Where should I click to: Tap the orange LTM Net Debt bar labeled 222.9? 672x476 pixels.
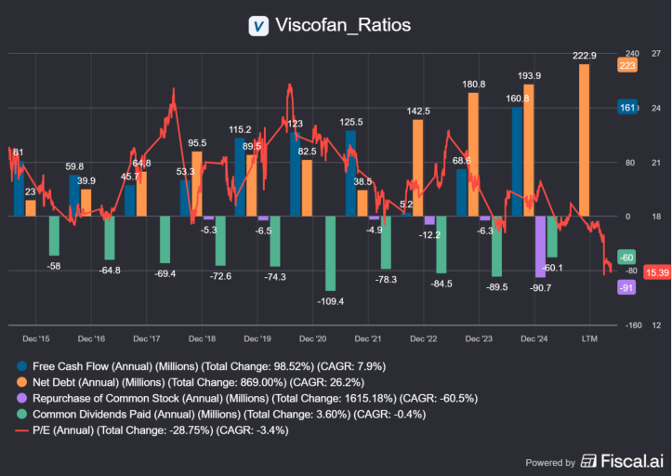tap(584, 139)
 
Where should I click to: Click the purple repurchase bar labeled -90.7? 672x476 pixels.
tap(541, 246)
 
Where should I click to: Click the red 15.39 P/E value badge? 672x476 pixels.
tap(656, 272)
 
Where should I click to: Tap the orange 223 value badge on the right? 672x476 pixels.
tap(627, 65)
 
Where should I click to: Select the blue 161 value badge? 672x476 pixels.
tap(627, 108)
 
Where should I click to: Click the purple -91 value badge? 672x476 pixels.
tap(626, 287)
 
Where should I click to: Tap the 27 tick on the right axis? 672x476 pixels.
tap(656, 54)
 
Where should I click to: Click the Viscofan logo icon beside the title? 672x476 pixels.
tap(259, 25)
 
